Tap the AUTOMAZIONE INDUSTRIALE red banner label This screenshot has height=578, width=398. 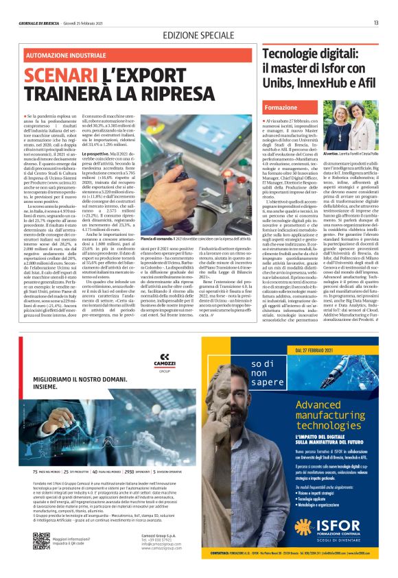point(60,54)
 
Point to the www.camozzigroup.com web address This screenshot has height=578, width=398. point(161,549)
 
